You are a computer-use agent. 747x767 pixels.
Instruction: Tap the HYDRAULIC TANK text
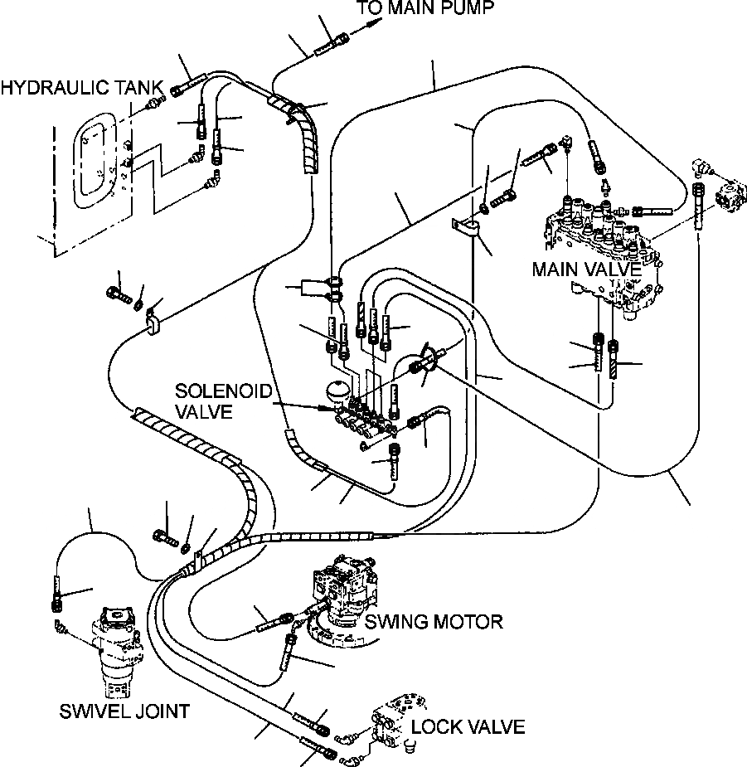point(82,88)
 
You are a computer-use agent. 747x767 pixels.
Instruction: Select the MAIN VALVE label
point(586,269)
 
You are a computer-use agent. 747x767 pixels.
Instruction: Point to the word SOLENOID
point(223,391)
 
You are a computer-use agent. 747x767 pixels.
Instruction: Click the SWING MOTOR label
point(434,622)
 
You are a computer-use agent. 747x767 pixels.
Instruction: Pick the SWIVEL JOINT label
point(124,711)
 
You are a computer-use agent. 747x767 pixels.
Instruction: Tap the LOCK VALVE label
point(468,727)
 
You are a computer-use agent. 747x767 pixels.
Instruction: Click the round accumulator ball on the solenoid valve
point(337,393)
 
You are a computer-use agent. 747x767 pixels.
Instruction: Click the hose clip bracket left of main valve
point(465,228)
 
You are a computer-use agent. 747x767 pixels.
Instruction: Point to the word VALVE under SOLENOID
point(204,412)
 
